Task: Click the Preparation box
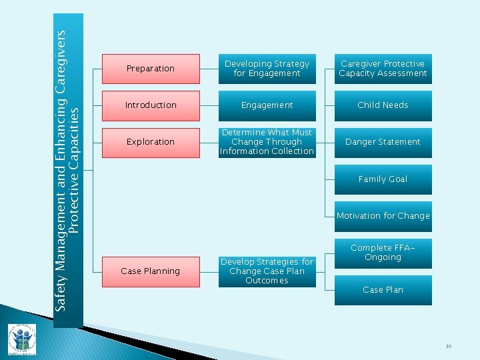tap(151, 69)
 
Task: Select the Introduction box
tap(151, 105)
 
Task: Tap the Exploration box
tap(151, 142)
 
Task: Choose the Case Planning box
tap(151, 271)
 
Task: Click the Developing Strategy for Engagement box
tap(267, 69)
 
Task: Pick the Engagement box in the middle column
tap(267, 105)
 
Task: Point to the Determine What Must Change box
tap(267, 142)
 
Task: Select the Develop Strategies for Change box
tap(267, 271)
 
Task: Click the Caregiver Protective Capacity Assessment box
tap(383, 69)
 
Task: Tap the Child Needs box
tap(383, 105)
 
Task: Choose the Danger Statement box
tap(383, 142)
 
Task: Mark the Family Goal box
tap(383, 179)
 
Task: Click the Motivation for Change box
tap(383, 216)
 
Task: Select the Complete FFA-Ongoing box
tap(383, 253)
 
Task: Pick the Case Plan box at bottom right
tap(383, 290)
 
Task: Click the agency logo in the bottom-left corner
tap(21, 340)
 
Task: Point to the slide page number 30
tap(449, 346)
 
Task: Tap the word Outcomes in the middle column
tap(267, 281)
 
